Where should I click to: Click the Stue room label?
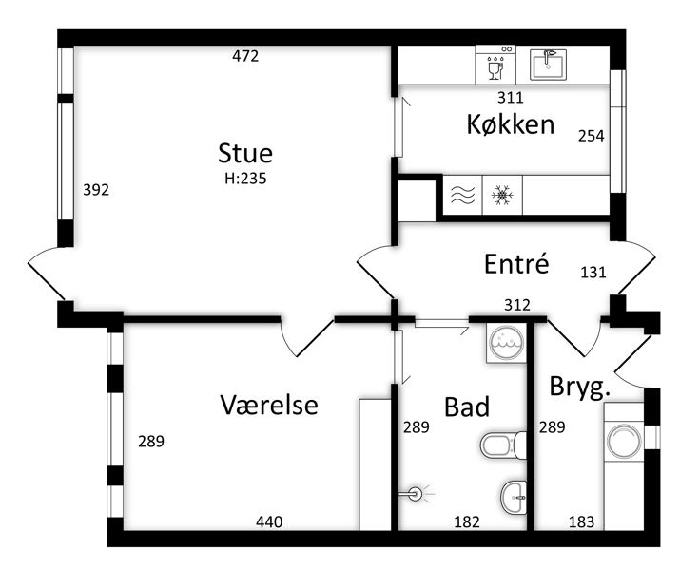coord(245,153)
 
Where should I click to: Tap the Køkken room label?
coord(511,124)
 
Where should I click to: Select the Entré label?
coord(516,263)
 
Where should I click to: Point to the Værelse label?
coord(269,405)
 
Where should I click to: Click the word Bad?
coord(467,407)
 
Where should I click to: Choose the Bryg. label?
coord(580,387)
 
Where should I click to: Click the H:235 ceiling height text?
coord(245,179)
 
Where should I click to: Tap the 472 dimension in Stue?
coord(245,56)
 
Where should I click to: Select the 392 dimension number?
coord(96,190)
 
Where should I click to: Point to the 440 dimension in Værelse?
coord(269,522)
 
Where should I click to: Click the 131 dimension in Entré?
coord(593,273)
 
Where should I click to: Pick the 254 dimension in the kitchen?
coord(592,136)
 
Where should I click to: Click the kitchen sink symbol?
coord(548,65)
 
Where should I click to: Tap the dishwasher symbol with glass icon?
coord(495,65)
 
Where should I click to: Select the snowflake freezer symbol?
coord(502,195)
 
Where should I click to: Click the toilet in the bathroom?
coord(503,445)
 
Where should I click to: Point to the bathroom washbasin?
coord(514,498)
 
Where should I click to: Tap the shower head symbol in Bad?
coord(416,493)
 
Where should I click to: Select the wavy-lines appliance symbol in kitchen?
coord(462,195)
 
